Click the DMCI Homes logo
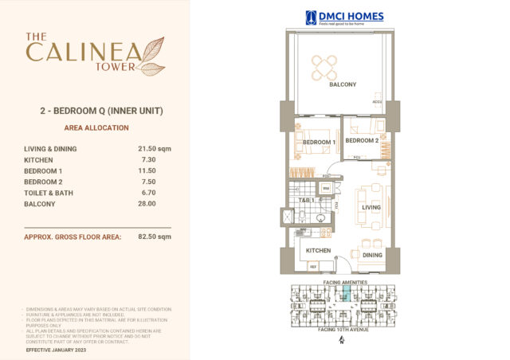tap(344, 17)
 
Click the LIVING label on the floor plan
tap(371, 208)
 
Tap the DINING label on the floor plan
tap(372, 256)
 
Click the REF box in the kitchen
tap(313, 265)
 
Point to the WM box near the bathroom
tap(325, 189)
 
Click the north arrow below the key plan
tap(341, 341)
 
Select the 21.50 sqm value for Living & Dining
tap(154, 148)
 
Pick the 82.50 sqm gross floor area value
tap(154, 237)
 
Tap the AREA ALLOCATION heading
tap(95, 127)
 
